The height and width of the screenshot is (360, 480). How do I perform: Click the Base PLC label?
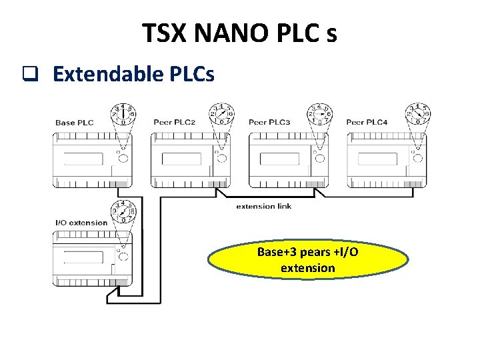tap(74, 123)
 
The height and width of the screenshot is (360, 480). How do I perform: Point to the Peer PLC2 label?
tap(174, 123)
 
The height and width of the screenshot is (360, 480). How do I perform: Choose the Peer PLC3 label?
tap(269, 123)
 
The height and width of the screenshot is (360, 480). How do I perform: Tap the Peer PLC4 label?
tap(367, 123)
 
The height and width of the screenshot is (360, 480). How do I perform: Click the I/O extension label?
tap(81, 223)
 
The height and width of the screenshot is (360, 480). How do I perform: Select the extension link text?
tap(264, 206)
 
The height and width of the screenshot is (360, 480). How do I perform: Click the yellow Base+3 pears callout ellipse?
tap(307, 260)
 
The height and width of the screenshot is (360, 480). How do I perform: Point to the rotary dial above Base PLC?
tap(123, 114)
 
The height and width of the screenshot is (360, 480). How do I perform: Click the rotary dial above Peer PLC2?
tap(221, 114)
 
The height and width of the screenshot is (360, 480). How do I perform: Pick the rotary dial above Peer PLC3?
tap(320, 114)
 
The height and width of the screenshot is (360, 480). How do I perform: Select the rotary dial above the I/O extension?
tap(123, 212)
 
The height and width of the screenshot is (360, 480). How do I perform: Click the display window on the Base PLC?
tap(83, 159)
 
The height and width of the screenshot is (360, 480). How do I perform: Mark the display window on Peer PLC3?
tap(279, 159)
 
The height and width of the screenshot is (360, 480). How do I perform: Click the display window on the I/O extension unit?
tap(83, 257)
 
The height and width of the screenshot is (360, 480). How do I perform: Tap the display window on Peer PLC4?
tap(377, 159)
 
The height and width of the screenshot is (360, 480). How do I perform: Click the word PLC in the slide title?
tap(293, 33)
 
